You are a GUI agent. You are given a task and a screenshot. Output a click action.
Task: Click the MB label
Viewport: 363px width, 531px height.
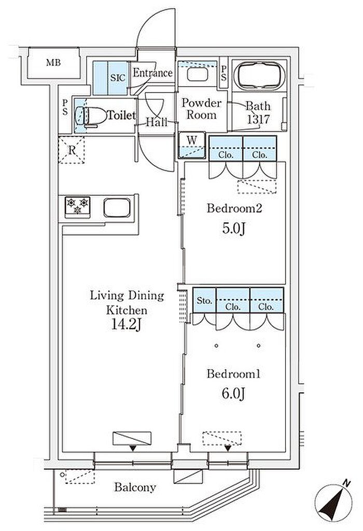point(53,63)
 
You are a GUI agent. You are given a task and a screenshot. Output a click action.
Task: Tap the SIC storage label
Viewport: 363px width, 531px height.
point(118,77)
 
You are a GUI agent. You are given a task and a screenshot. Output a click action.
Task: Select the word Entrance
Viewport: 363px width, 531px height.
point(152,72)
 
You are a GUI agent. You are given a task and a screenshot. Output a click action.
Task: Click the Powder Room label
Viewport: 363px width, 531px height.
point(201,109)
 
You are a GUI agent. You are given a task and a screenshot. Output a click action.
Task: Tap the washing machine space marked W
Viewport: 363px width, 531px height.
point(192,145)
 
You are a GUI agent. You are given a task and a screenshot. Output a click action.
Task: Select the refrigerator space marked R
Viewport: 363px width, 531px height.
point(72,150)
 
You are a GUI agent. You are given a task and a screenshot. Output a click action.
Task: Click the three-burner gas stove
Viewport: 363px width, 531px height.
point(77,207)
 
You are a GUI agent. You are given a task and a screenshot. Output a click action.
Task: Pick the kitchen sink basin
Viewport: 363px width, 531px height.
point(117,208)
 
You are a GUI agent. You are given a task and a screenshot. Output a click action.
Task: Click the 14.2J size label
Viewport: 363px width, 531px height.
point(125,325)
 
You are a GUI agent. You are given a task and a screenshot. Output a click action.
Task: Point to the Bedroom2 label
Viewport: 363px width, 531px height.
point(234,208)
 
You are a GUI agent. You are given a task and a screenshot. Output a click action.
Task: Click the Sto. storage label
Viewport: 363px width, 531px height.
point(204,300)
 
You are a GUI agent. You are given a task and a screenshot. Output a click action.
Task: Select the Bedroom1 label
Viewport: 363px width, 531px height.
point(233,374)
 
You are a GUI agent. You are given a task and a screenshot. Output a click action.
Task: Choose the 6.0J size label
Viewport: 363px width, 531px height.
point(233,393)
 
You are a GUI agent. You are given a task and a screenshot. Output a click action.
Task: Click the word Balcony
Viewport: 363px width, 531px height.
point(135,487)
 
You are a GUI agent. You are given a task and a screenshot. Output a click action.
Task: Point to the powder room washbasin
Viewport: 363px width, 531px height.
point(198,74)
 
